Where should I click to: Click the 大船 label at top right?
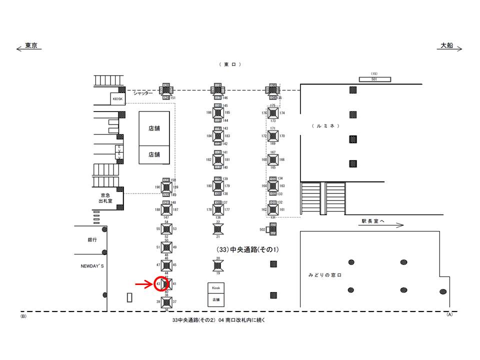click(x=446, y=45)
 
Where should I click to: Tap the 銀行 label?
click(x=91, y=240)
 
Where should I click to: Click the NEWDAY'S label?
click(x=91, y=266)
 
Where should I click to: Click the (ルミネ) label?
click(x=325, y=125)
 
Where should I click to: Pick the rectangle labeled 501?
click(x=374, y=79)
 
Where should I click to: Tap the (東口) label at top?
click(x=229, y=64)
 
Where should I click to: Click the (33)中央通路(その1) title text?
click(x=247, y=249)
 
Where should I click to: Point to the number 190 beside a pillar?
click(x=157, y=187)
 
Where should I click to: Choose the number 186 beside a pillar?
click(x=209, y=112)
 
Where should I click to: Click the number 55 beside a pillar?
click(x=158, y=228)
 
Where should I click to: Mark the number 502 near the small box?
click(x=262, y=229)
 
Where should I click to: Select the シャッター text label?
click(x=142, y=93)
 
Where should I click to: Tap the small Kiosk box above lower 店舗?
click(x=216, y=288)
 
